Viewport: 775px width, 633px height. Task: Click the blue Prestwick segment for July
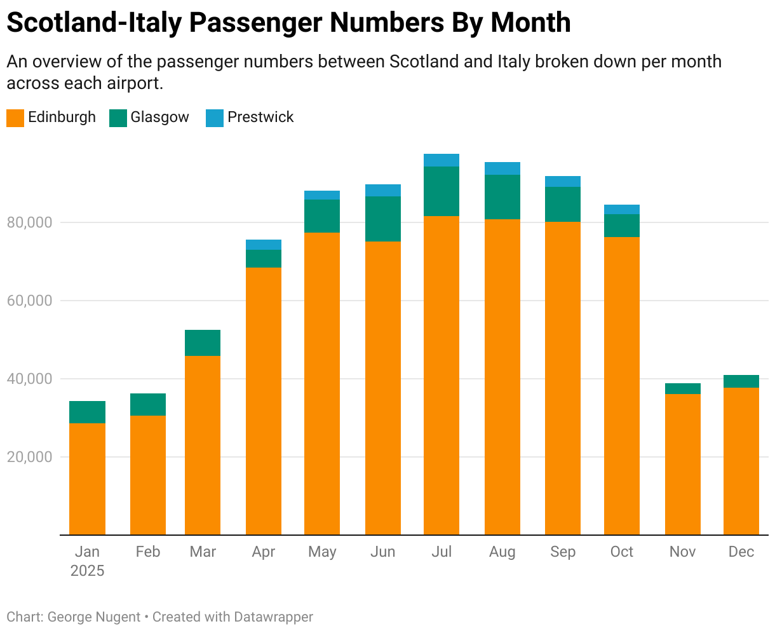441,160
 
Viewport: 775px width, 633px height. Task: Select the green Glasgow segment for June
383,219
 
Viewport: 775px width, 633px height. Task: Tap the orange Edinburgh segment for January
87,479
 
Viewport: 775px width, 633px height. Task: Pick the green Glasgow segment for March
203,343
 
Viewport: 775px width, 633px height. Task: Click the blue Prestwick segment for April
264,245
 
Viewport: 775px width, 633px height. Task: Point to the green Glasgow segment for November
683,388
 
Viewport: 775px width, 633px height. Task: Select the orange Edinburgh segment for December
741,461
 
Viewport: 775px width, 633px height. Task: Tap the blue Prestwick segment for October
622,209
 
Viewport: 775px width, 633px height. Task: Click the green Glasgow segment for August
502,197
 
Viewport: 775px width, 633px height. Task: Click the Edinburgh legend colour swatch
15,118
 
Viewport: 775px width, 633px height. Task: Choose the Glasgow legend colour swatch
118,118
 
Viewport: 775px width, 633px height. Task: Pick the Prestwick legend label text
260,118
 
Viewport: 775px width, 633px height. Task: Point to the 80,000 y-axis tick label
29,222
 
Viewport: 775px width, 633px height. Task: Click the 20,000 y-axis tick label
29,457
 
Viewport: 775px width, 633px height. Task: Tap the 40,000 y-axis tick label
29,379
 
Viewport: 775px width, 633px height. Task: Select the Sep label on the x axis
563,552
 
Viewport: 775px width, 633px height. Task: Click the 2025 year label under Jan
87,570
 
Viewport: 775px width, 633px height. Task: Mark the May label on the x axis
322,552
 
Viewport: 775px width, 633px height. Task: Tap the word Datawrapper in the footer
273,616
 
